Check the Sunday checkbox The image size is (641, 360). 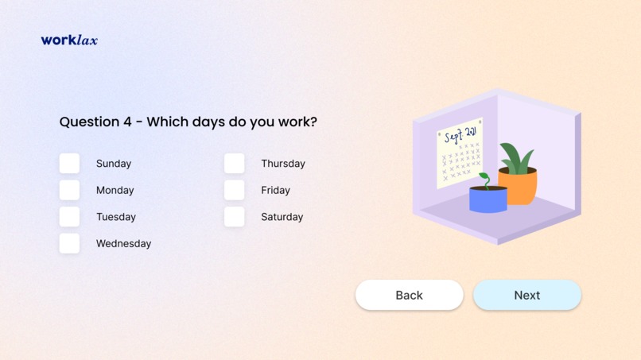click(69, 164)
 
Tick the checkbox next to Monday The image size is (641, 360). click(69, 190)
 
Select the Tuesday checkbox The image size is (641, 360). click(69, 217)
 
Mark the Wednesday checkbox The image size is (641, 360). click(69, 243)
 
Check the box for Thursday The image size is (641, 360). click(234, 164)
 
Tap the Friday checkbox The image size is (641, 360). click(234, 190)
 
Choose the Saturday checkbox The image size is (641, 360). click(234, 217)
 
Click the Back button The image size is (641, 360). click(409, 295)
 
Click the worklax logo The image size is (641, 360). click(69, 40)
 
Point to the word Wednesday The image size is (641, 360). click(123, 244)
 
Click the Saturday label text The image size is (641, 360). click(282, 217)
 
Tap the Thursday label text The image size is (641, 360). click(282, 164)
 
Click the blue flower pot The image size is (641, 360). click(488, 200)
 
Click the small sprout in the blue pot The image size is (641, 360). click(484, 179)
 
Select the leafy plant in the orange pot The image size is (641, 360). click(516, 157)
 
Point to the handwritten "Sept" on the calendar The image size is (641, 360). click(453, 136)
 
